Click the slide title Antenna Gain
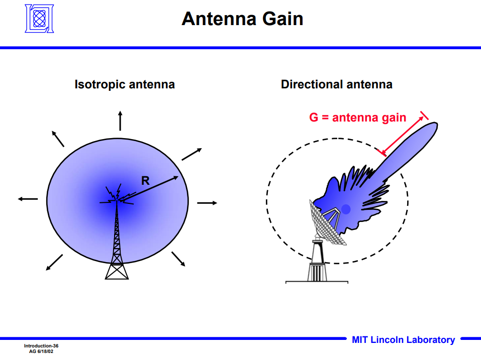click(242, 19)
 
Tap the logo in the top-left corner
click(39, 19)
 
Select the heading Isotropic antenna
click(125, 84)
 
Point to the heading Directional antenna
click(336, 84)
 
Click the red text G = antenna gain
click(357, 117)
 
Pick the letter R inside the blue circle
click(145, 181)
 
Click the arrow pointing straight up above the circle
click(120, 121)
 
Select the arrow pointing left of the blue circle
click(28, 199)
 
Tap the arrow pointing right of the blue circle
click(207, 203)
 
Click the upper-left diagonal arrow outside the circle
click(58, 139)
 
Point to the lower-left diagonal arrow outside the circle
click(54, 262)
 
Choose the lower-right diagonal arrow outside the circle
click(178, 259)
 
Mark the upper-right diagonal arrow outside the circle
click(191, 155)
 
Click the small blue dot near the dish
click(346, 208)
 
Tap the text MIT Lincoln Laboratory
click(403, 340)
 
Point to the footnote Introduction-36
click(41, 346)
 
